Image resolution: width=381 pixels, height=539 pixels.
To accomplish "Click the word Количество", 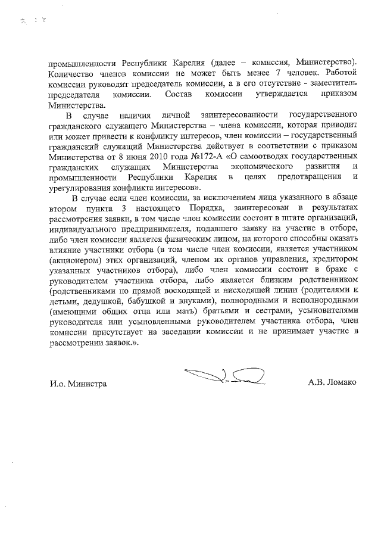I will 73,73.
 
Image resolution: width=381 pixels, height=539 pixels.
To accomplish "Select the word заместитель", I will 330,83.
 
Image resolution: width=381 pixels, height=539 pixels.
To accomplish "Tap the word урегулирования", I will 79,187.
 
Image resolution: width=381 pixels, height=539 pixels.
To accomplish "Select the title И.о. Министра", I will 78,384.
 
